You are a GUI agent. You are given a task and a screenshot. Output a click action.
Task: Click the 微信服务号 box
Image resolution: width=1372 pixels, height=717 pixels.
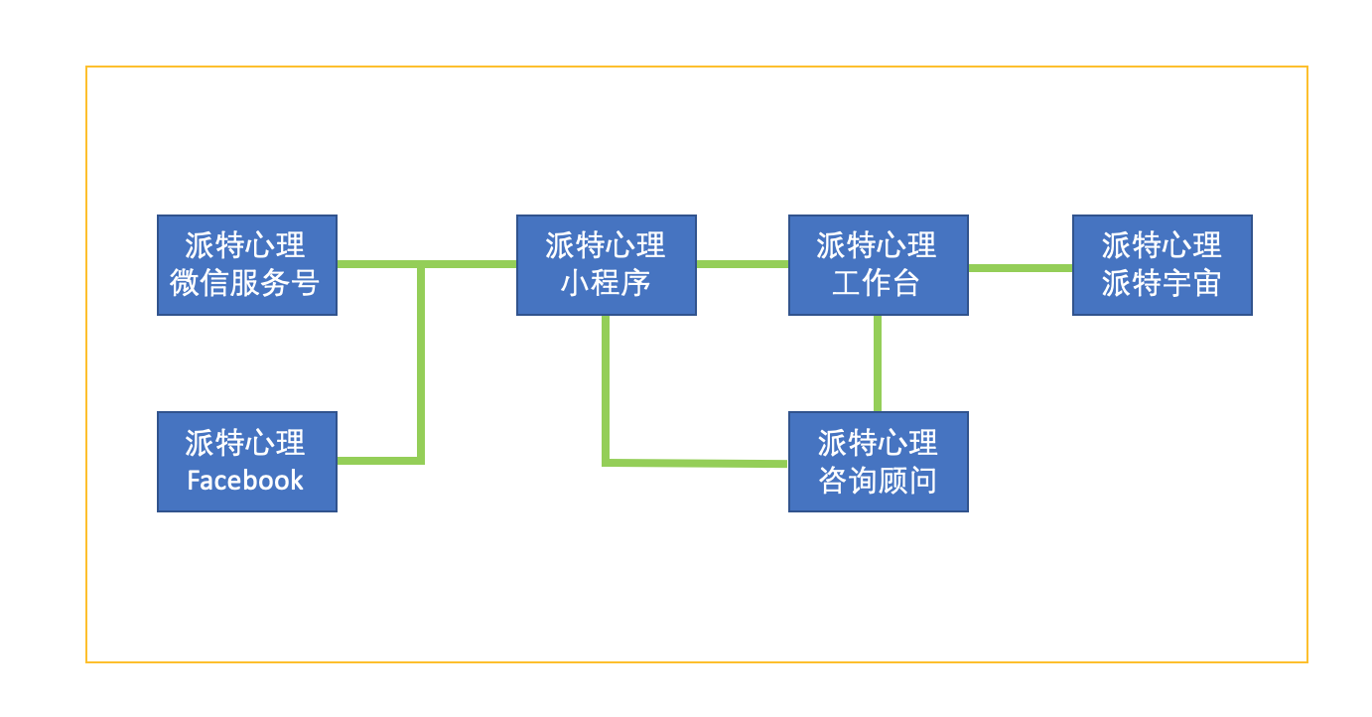pos(247,265)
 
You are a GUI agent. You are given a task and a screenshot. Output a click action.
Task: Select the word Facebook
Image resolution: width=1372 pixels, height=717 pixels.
pos(245,481)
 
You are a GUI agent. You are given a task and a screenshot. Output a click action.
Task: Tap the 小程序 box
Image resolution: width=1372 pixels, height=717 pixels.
pos(606,265)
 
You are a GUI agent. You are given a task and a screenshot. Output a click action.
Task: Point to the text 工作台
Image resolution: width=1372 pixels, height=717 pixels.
pos(877,283)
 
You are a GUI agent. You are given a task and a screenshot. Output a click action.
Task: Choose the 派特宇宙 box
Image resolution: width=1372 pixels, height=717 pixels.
pos(1162,265)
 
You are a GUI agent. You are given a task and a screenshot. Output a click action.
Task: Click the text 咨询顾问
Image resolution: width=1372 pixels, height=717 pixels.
pos(878,481)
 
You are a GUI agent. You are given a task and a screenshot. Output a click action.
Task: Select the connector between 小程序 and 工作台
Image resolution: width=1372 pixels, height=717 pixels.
pos(742,264)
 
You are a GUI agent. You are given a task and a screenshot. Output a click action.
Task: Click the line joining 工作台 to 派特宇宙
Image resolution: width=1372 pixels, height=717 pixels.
pos(1020,267)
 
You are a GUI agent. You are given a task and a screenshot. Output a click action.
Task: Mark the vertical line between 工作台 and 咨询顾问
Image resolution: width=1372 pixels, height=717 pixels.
pos(878,362)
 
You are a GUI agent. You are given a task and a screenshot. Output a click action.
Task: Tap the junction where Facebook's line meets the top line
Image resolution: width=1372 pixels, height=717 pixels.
pos(421,264)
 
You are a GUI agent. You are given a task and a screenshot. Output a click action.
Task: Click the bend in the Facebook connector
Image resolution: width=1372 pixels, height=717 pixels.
pos(421,460)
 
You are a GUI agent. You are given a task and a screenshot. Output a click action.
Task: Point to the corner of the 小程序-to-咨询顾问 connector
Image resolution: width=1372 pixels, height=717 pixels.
pos(606,462)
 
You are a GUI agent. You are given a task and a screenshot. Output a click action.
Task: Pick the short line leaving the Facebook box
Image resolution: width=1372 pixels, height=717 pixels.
pos(377,460)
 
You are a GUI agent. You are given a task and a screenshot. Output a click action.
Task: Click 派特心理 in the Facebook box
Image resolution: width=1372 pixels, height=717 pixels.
pos(245,443)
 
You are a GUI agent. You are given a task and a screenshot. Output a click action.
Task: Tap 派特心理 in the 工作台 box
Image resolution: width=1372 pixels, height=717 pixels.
pos(877,245)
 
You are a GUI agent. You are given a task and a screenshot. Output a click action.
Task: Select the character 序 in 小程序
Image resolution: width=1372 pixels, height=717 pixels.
pos(635,283)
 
